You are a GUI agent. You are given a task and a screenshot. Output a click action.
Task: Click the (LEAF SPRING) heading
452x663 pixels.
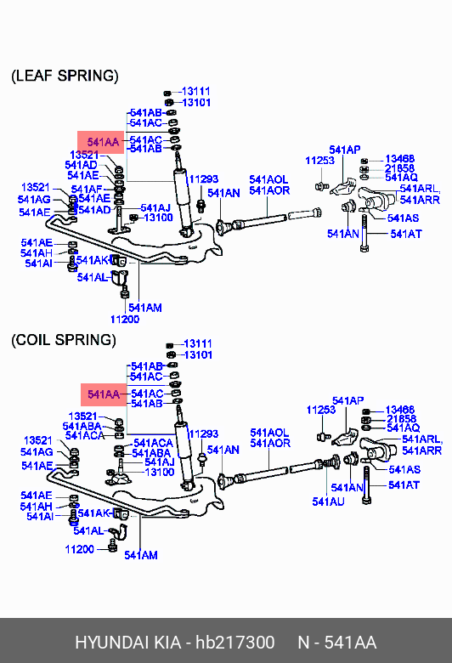(x=65, y=76)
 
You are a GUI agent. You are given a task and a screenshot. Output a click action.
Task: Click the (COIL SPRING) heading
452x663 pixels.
(x=64, y=340)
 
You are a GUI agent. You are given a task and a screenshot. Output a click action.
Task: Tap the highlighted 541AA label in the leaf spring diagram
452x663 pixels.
(x=103, y=142)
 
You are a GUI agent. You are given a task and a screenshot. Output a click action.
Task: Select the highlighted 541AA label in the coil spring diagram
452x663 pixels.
(x=104, y=394)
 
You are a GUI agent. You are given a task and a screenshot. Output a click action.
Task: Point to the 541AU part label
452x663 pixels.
(x=328, y=501)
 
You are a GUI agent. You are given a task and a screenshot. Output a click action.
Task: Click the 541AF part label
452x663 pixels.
(x=87, y=189)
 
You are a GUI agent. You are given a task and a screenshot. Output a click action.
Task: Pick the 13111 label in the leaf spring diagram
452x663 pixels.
(x=195, y=91)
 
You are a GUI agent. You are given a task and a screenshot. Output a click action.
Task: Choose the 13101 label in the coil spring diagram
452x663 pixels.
(x=198, y=354)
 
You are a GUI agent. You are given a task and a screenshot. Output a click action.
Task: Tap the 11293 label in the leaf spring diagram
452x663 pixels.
(x=203, y=179)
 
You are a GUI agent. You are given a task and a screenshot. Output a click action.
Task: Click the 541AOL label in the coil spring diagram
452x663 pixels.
(x=269, y=433)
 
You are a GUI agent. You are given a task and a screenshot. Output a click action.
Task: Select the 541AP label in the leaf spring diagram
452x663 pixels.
(x=345, y=150)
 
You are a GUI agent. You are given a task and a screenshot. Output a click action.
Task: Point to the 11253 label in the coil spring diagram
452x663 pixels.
(x=321, y=410)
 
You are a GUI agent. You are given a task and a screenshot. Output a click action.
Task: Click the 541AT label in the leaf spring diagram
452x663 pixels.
(x=406, y=234)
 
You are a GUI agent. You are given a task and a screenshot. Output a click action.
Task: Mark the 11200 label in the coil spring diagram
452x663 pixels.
(x=80, y=549)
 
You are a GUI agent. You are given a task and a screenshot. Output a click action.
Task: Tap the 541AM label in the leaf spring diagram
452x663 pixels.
(x=145, y=308)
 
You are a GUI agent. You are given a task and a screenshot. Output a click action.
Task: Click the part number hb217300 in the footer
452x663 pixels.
(x=234, y=643)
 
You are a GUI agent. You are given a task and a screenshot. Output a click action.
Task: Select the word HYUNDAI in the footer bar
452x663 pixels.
(x=111, y=643)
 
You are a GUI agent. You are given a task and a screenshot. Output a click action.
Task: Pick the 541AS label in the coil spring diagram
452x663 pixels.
(x=404, y=469)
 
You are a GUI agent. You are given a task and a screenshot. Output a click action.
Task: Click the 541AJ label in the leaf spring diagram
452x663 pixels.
(x=155, y=207)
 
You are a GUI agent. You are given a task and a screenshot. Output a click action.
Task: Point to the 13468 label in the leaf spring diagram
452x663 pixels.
(x=400, y=159)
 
